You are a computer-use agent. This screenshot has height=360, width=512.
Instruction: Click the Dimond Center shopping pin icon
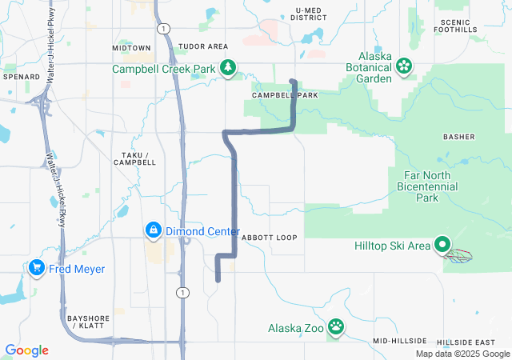(x=152, y=231)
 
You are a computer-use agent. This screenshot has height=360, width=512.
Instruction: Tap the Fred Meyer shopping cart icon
(x=36, y=268)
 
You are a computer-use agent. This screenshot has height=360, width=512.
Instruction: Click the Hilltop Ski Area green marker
(x=442, y=246)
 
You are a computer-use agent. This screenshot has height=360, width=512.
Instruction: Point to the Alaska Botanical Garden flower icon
(x=404, y=64)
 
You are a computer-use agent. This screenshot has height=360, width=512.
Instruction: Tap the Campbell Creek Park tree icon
(x=229, y=68)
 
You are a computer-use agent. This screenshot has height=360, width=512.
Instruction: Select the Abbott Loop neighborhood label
(x=269, y=238)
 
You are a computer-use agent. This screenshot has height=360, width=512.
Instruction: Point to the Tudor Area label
(x=203, y=47)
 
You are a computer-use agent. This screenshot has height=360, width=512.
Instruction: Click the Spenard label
(x=21, y=77)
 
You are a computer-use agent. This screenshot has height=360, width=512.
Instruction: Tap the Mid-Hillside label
(x=400, y=341)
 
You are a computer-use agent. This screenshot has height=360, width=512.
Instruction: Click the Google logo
(x=27, y=350)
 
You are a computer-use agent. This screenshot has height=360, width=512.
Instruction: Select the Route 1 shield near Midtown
(x=164, y=28)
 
